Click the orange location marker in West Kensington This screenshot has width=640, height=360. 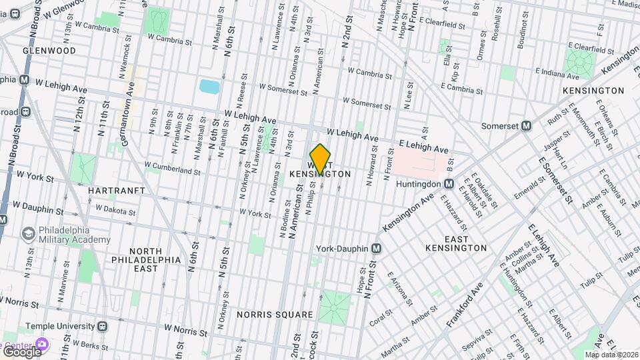pos(321,159)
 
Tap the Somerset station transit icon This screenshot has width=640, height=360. pos(526,125)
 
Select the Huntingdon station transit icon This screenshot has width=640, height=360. pos(449,183)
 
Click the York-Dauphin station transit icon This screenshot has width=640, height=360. pos(377,249)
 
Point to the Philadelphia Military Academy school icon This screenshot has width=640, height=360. pos(29,234)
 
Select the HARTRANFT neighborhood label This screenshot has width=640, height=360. pos(117,191)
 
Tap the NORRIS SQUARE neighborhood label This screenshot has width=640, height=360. pos(275,315)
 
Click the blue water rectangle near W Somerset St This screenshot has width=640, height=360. pos(209,87)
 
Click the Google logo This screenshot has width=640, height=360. pos(21,351)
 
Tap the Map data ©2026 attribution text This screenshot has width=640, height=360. pos(611,355)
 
